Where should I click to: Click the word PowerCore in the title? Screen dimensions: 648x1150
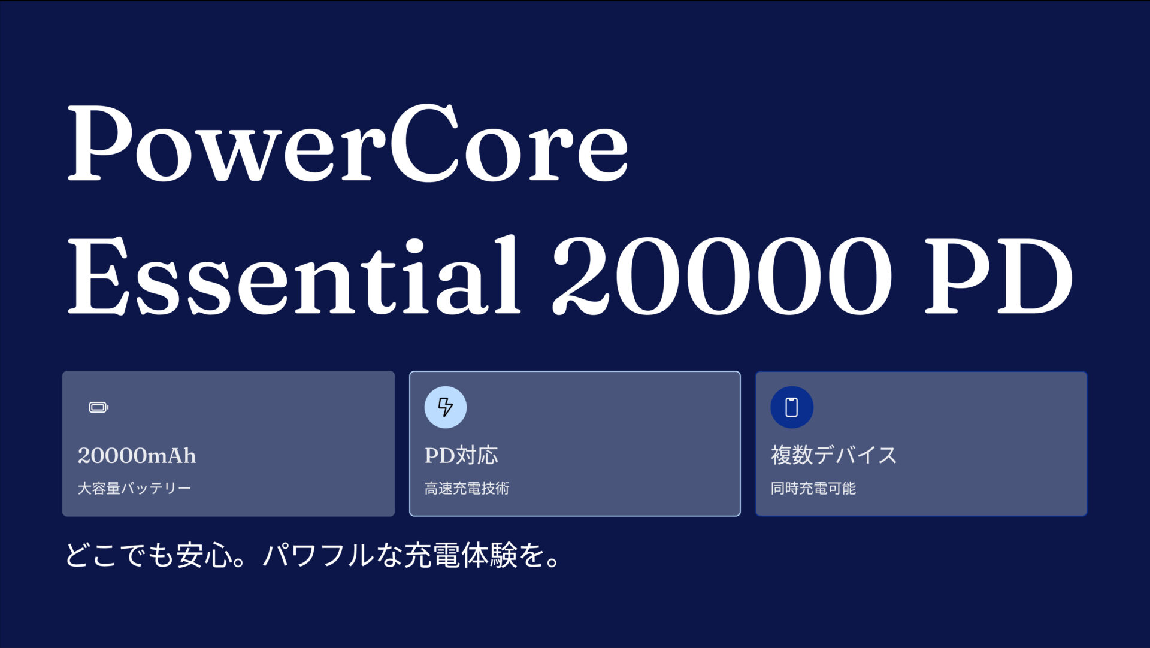348,144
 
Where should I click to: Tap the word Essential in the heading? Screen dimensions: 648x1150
293,275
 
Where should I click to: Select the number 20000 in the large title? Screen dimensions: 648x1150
722,275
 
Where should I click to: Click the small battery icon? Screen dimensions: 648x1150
98,408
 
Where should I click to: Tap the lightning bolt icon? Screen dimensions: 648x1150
445,407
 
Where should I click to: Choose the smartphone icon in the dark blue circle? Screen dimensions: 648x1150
792,407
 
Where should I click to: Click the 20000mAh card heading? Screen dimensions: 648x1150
137,456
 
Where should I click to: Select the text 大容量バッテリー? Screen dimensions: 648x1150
134,489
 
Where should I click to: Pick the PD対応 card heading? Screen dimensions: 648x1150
461,456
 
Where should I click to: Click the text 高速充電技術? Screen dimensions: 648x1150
467,489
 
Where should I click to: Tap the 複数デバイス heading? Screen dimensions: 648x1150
834,455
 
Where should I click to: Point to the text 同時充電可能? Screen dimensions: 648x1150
813,489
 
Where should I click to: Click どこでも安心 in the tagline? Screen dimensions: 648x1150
149,555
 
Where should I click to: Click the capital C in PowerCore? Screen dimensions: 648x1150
424,144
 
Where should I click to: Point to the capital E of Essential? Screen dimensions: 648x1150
99,275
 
